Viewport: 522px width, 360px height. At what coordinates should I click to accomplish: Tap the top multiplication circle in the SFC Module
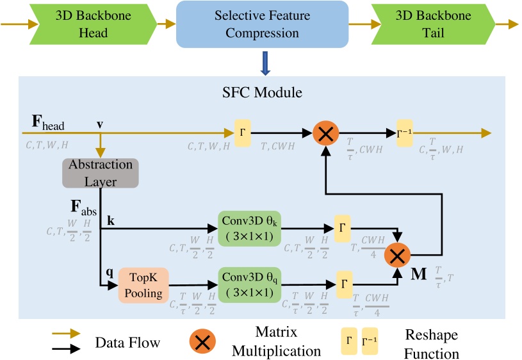tap(325, 133)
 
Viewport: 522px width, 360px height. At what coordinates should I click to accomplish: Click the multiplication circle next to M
tap(397, 256)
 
